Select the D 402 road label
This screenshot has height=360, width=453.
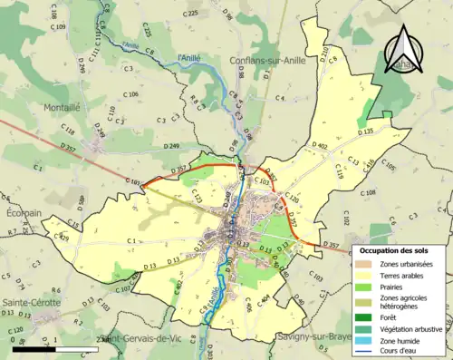pyautogui.click(x=319, y=145)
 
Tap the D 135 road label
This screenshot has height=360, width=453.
pyautogui.click(x=366, y=132)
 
